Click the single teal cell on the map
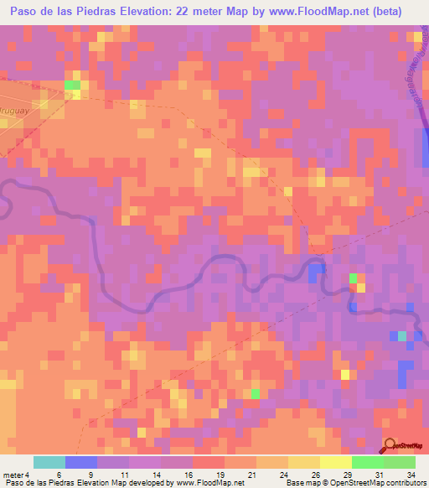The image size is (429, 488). coord(402,335)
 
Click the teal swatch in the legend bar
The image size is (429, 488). coord(49,462)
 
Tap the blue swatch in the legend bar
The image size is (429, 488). coord(81,462)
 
